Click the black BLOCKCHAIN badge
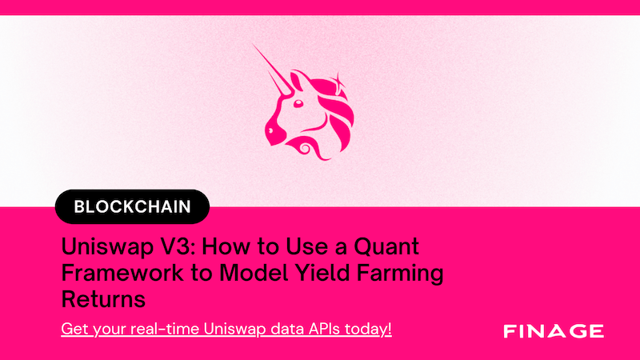(132, 206)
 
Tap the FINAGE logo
(554, 331)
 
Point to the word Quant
(386, 246)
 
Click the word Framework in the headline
(122, 273)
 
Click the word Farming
(400, 274)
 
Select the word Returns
(103, 299)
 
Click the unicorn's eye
(298, 103)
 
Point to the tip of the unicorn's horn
(254, 45)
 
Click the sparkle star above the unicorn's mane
(338, 79)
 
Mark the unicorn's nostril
(270, 130)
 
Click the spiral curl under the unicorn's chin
(304, 148)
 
